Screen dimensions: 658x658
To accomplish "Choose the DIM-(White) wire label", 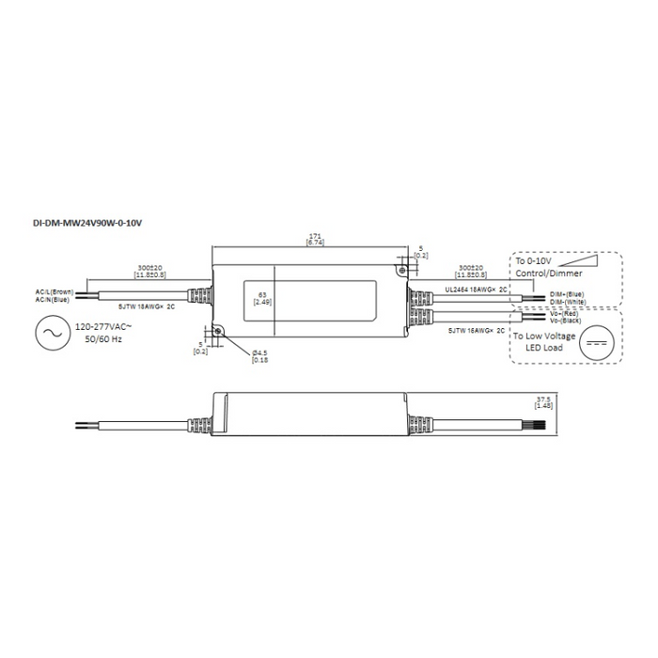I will tap(569, 301).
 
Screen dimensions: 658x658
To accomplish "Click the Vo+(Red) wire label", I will tap(566, 312).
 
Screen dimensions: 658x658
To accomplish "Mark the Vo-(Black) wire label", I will tap(568, 321).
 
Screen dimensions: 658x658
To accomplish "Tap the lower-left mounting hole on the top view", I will tap(217, 331).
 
